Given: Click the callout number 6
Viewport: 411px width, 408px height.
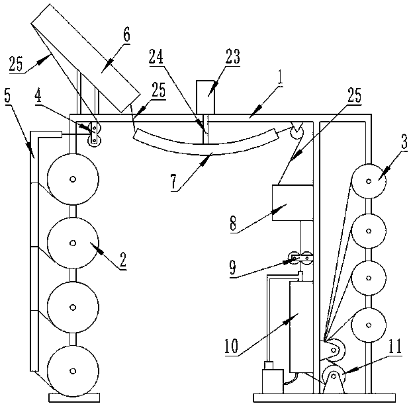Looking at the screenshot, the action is pos(126,35).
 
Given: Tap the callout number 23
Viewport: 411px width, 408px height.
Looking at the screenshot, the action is pos(232,57).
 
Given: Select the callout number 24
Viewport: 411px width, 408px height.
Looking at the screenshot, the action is pos(156,57).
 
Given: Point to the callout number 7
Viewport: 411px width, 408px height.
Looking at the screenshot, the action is pos(174,182).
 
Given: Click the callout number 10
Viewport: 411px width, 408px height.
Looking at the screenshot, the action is pos(231,346).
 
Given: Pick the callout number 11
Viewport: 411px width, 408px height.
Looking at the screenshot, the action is pos(394,346).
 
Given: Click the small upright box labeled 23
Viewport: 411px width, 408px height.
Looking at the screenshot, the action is pos(205,97).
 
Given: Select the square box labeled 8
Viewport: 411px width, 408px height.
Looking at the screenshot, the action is pos(293,203).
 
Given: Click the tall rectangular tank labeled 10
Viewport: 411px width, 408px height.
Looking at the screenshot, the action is pos(301,327).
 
